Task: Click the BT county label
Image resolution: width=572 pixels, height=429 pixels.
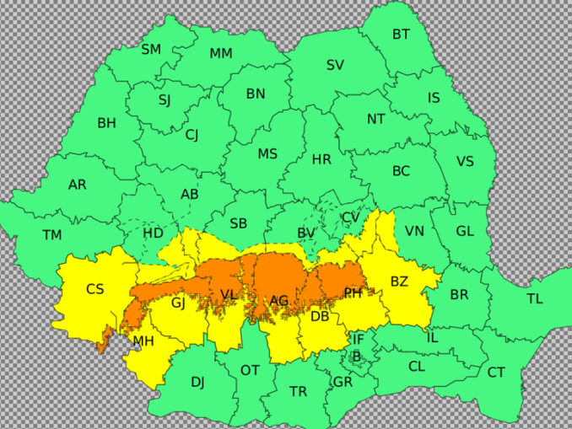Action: tap(401, 35)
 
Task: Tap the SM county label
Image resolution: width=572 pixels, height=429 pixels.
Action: tap(151, 50)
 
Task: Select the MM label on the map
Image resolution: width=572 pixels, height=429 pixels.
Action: tap(221, 54)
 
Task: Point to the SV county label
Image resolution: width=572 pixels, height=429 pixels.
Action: tap(335, 65)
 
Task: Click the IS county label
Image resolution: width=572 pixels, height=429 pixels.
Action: tap(434, 99)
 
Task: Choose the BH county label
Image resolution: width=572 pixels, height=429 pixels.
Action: tap(106, 123)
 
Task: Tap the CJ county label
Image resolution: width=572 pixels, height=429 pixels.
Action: tap(192, 135)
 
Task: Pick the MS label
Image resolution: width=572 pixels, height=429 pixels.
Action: tap(267, 154)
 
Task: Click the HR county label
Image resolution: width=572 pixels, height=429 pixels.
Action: tap(321, 159)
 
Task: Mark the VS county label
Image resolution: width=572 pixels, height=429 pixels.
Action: tap(465, 162)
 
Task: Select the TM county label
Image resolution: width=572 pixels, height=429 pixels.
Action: tap(52, 235)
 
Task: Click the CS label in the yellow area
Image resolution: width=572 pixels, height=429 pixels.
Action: tap(95, 289)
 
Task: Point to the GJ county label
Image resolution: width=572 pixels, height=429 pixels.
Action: tap(178, 303)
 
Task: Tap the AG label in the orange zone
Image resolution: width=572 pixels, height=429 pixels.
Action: tap(278, 301)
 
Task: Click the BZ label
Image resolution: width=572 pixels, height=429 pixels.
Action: tap(399, 282)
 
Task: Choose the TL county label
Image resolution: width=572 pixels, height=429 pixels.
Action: tap(535, 299)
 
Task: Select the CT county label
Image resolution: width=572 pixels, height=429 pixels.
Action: tap(496, 373)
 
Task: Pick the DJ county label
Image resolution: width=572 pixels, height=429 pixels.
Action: tap(197, 383)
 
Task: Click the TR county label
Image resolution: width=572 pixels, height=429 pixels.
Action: tap(298, 392)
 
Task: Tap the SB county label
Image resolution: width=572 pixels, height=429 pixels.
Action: tap(239, 223)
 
